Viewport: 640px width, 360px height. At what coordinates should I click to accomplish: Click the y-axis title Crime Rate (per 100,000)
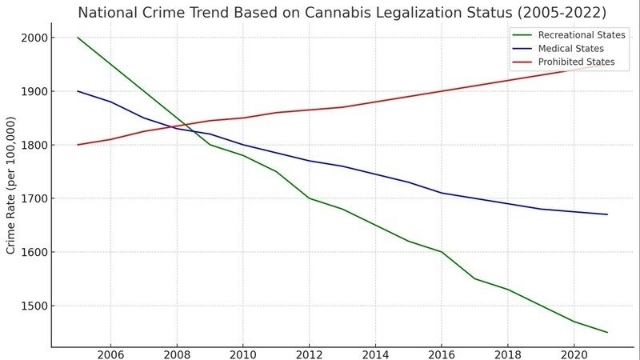(x=11, y=186)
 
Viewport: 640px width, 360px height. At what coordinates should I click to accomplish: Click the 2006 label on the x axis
(x=110, y=354)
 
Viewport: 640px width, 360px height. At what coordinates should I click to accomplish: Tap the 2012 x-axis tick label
(x=309, y=354)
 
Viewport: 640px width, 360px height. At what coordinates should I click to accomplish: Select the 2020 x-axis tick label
(x=574, y=354)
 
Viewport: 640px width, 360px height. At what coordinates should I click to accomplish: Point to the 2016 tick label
(x=442, y=354)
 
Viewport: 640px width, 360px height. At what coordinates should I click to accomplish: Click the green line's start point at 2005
(x=78, y=38)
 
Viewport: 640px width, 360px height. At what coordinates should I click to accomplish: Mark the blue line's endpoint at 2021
(x=607, y=214)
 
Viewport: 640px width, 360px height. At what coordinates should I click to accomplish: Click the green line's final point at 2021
(x=607, y=332)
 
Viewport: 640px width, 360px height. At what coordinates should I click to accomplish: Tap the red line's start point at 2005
(x=78, y=145)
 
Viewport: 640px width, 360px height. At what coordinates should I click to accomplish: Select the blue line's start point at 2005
(x=78, y=91)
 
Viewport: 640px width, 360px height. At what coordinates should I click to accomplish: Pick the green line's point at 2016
(x=442, y=252)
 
